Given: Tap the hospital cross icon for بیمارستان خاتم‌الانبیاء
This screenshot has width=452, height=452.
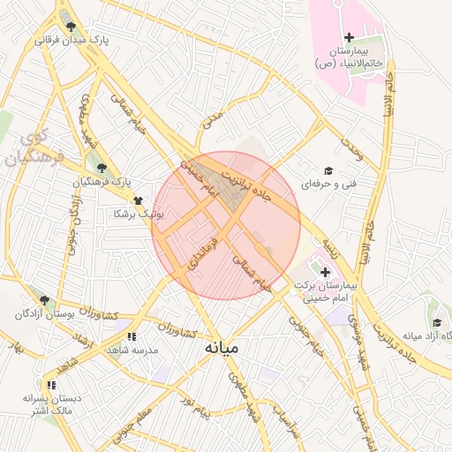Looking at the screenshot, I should [349, 37].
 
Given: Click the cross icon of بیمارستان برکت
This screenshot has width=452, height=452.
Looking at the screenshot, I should [325, 272].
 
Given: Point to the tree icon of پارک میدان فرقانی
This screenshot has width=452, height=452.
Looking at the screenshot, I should [71, 26].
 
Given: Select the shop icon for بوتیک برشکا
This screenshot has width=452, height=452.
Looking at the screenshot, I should [138, 200].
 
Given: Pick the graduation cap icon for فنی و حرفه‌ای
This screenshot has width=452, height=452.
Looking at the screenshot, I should [328, 171].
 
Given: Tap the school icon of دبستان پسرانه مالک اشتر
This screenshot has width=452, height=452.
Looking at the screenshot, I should [52, 385].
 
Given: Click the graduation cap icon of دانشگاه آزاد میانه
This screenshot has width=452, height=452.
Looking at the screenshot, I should [436, 322].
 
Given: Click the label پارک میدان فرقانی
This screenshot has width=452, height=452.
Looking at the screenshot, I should [71, 41].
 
